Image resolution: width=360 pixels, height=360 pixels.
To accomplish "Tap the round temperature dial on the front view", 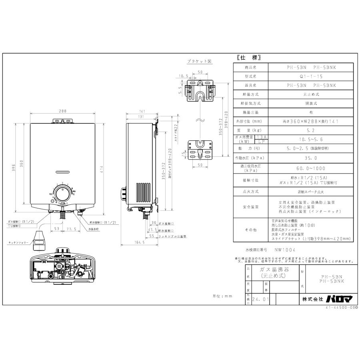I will [62, 195].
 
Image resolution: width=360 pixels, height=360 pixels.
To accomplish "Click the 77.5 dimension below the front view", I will [72, 230].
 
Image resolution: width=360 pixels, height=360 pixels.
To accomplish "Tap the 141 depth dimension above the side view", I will [142, 112].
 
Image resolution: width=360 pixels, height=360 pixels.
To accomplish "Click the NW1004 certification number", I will [285, 250].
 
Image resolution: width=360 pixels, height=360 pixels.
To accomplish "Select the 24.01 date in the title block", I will [261, 298].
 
